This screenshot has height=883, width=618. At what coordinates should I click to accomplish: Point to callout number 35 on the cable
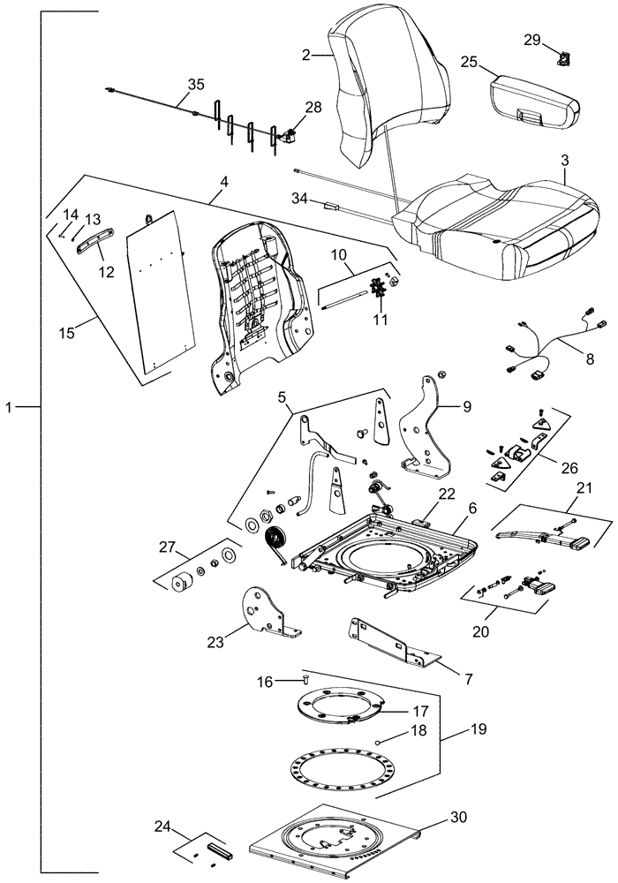pos(195,86)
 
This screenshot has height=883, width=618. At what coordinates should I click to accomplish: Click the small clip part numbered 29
pos(561,59)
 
